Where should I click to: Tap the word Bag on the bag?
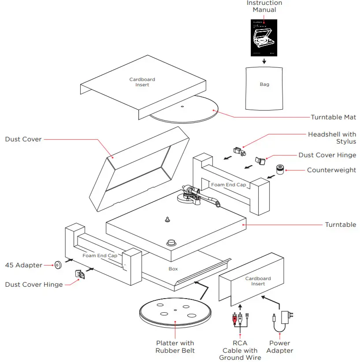click(x=264, y=84)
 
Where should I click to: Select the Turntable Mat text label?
click(x=333, y=117)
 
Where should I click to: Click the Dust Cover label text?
click(x=23, y=139)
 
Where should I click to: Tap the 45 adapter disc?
click(x=57, y=265)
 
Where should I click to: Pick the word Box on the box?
click(x=173, y=268)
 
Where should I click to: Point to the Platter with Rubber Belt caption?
click(x=175, y=347)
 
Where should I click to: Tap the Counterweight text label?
click(x=331, y=170)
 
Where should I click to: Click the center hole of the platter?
click(x=175, y=310)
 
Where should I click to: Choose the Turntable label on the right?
click(x=340, y=225)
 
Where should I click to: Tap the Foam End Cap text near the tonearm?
click(x=228, y=185)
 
